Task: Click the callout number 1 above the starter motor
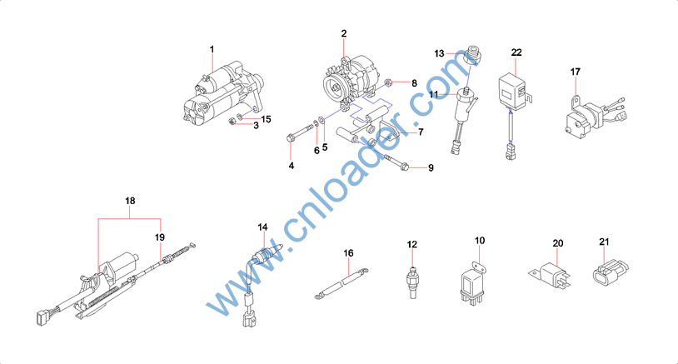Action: (x=212, y=50)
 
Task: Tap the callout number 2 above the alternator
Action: (x=344, y=33)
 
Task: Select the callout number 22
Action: (x=516, y=52)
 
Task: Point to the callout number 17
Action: (x=575, y=72)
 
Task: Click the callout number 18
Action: (x=130, y=201)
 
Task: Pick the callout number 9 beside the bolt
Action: (x=431, y=167)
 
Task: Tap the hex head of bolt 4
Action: (x=290, y=139)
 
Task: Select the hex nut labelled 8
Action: (x=388, y=82)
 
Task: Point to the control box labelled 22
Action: (x=513, y=91)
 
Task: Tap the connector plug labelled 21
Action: (x=610, y=272)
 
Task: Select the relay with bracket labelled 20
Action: (x=551, y=275)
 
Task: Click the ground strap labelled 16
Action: (x=341, y=283)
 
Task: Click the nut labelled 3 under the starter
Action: (x=232, y=122)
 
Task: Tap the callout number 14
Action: (x=262, y=227)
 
